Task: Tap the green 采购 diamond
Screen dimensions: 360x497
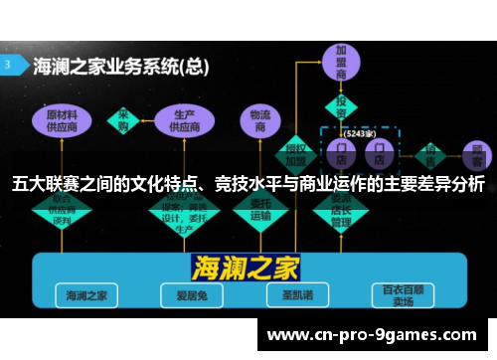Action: coord(125,117)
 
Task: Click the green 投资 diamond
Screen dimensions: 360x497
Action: coord(341,105)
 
